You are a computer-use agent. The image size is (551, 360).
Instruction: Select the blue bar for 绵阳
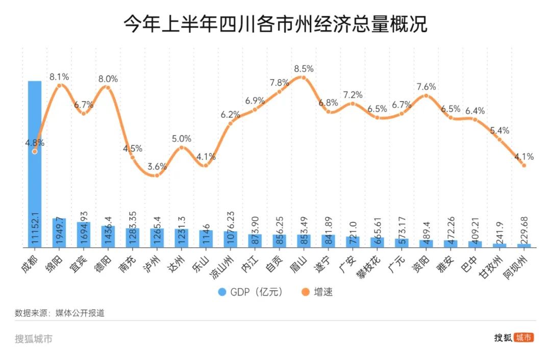coord(59,233)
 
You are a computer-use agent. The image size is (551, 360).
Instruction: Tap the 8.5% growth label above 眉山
coord(304,69)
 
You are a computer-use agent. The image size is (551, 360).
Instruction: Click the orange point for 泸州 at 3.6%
coord(157,175)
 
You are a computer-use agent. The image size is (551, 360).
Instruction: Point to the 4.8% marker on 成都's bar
coord(35,151)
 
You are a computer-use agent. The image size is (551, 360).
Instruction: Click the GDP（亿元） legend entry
coord(250,292)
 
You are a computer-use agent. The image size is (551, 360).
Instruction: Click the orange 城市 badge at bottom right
coord(523,338)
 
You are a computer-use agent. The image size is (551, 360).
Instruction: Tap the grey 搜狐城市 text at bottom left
coord(34,339)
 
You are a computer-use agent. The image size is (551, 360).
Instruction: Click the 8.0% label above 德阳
coord(108,79)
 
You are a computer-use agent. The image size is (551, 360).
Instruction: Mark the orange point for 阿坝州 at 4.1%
coord(524,165)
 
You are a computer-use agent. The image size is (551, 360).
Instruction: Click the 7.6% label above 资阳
coord(426,86)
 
